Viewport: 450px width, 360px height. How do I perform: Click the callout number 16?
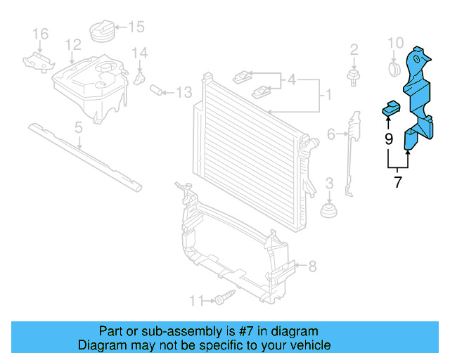[40, 33]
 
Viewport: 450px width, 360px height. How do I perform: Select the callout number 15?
[136, 27]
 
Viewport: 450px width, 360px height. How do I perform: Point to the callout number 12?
[74, 46]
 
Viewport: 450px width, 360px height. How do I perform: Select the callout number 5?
[79, 128]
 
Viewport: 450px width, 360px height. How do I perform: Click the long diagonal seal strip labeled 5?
[84, 155]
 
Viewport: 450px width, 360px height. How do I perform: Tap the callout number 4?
[291, 80]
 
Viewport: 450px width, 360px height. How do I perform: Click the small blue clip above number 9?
[390, 108]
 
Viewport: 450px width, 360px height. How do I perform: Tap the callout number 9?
[389, 139]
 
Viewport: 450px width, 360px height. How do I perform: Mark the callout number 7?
[398, 183]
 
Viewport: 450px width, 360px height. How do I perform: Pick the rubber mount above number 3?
[328, 211]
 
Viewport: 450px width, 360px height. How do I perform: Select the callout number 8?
[312, 266]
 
